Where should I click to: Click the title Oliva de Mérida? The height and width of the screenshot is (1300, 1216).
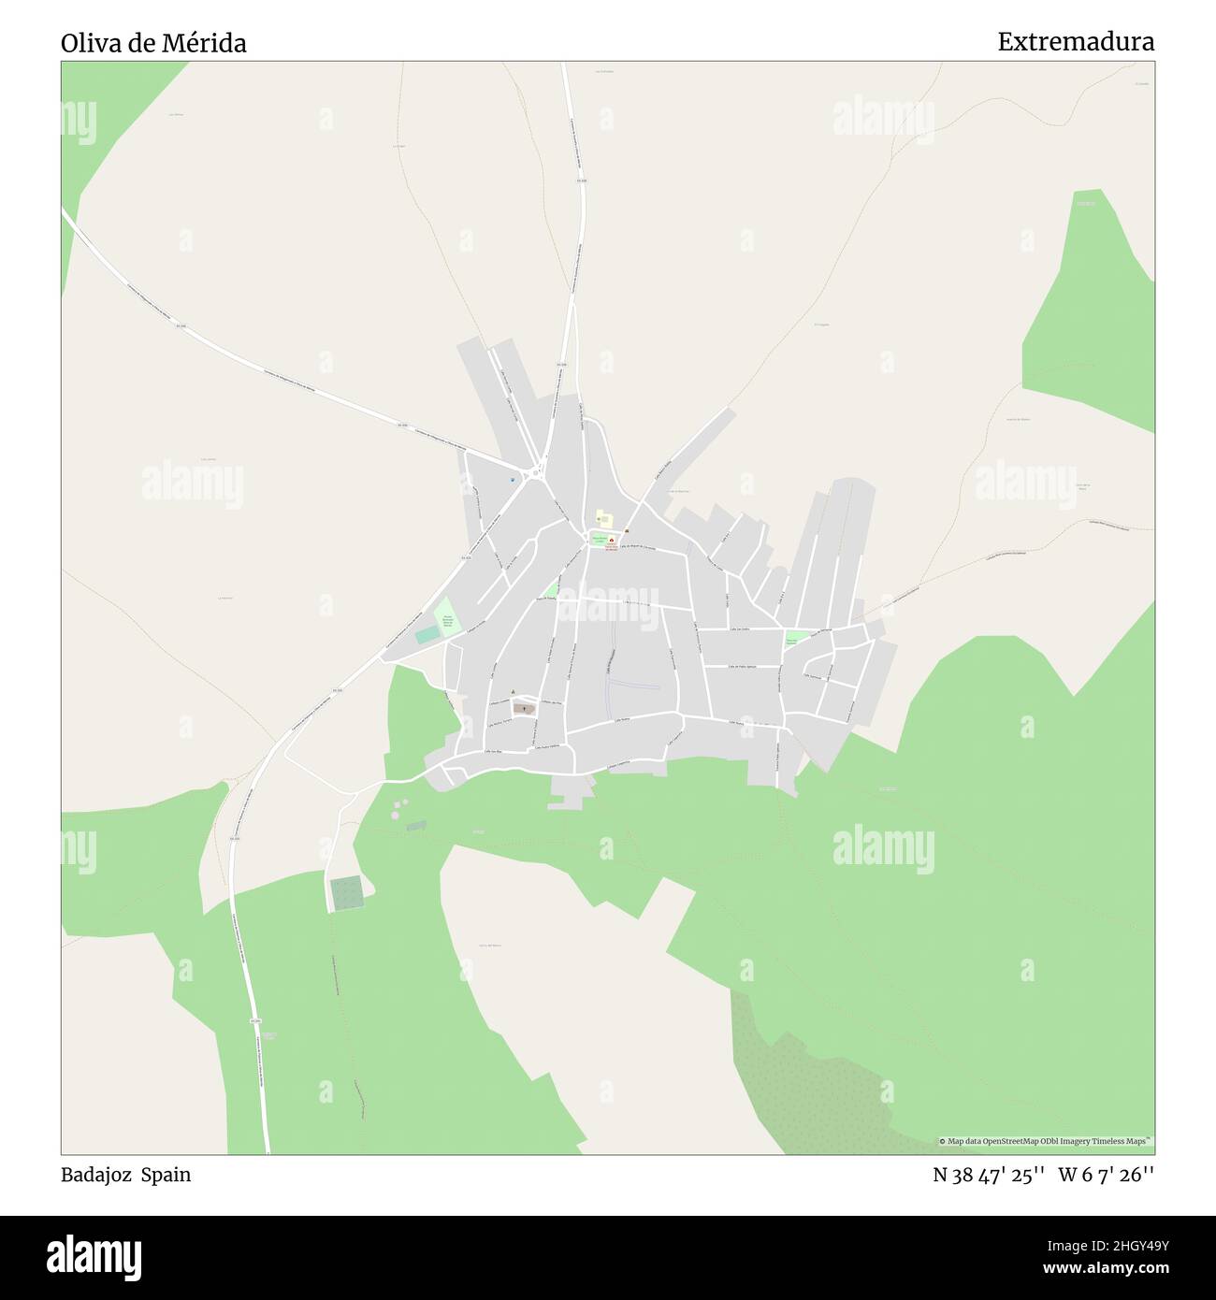(x=153, y=43)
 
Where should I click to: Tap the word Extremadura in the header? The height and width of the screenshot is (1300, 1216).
(x=1075, y=42)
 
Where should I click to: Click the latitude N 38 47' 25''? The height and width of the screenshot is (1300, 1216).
(x=989, y=1175)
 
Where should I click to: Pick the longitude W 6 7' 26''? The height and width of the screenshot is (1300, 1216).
(x=1106, y=1175)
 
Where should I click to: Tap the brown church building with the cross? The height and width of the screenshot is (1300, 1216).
(x=524, y=708)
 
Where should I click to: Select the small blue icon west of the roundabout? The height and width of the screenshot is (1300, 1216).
(x=513, y=480)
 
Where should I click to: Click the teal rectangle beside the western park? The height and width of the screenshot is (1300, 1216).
(x=427, y=635)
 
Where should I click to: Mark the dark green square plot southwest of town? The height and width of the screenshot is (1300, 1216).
(x=345, y=893)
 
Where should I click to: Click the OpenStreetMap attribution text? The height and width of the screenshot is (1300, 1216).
(x=1045, y=1141)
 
